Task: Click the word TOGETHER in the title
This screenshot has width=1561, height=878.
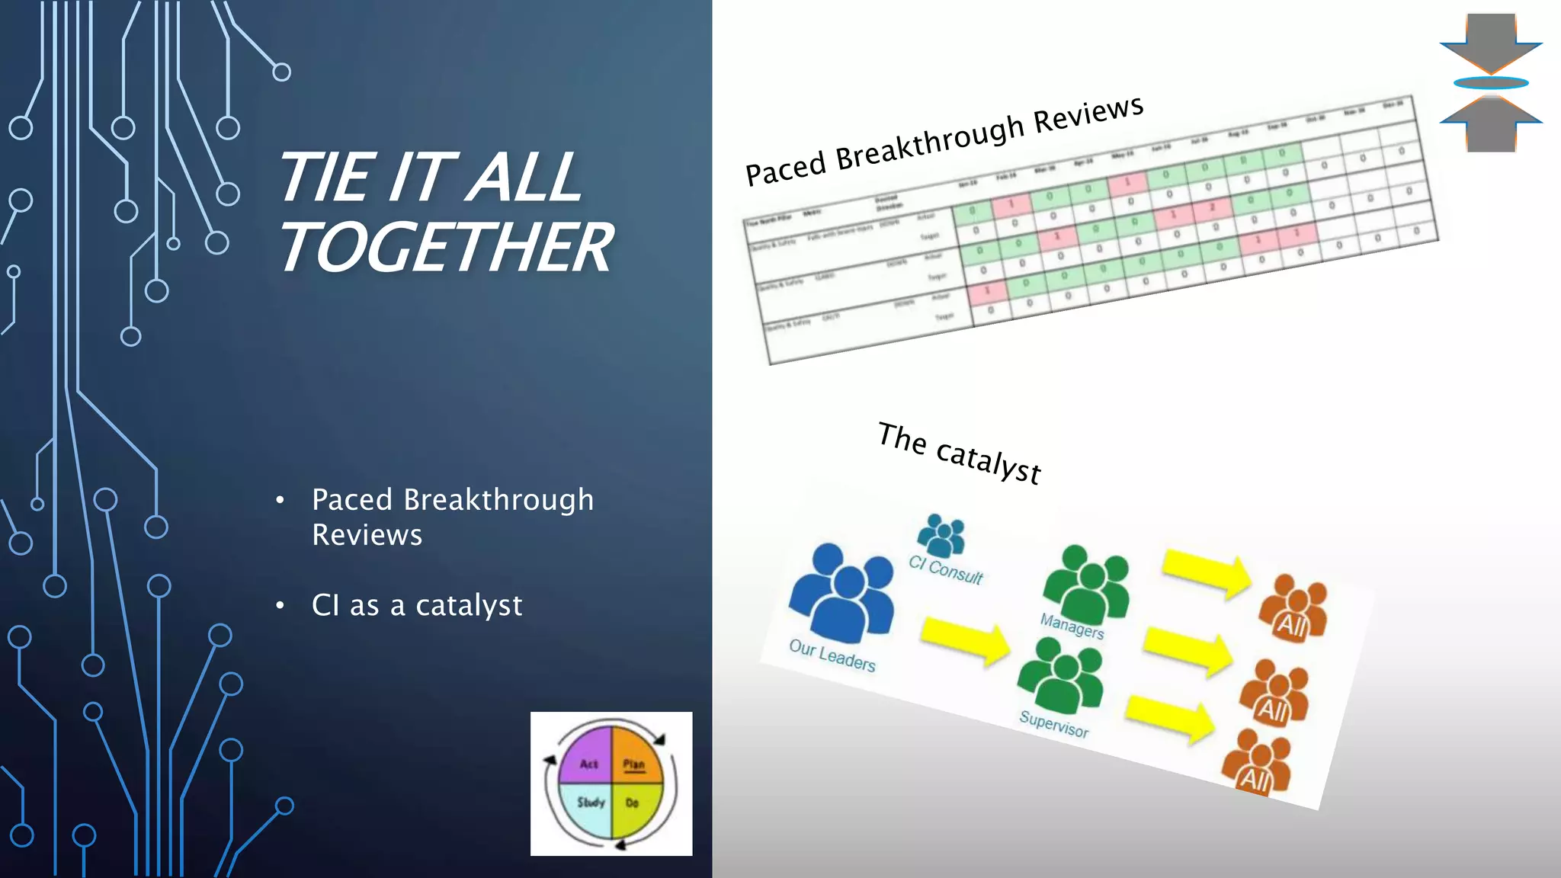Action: (x=446, y=247)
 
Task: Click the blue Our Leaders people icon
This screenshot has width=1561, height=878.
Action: (x=841, y=591)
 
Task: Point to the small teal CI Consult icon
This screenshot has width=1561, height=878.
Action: (x=942, y=534)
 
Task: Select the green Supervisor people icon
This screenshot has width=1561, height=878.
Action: (x=1062, y=674)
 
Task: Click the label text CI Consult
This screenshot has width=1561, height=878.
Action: (x=945, y=569)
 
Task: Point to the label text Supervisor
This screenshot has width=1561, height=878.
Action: (x=1054, y=724)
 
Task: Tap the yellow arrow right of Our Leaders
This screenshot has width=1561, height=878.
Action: (x=965, y=640)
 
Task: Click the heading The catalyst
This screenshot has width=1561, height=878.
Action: (x=959, y=453)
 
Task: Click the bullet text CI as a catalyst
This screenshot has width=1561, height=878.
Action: (x=417, y=605)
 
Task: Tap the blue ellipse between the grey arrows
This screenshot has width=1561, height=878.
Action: (x=1491, y=83)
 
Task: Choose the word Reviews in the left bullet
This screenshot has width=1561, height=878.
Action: (x=367, y=535)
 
